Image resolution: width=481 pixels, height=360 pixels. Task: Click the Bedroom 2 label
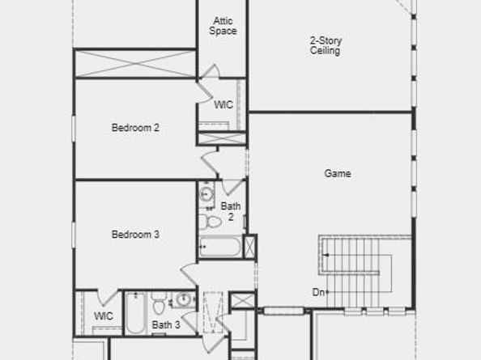pyautogui.click(x=134, y=127)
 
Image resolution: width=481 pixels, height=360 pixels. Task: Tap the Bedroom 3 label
pyautogui.click(x=134, y=235)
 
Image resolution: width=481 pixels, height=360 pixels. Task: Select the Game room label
pyautogui.click(x=338, y=173)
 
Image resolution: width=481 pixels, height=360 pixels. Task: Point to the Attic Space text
pyautogui.click(x=223, y=26)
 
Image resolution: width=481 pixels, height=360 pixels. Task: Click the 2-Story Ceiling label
pyautogui.click(x=325, y=45)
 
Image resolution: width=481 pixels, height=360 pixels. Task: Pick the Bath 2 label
pyautogui.click(x=231, y=212)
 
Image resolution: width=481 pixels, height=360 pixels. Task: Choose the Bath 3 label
pyautogui.click(x=165, y=325)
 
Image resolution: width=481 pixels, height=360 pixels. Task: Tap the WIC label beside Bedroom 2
pyautogui.click(x=223, y=105)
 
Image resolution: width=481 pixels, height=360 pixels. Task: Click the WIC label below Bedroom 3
pyautogui.click(x=104, y=316)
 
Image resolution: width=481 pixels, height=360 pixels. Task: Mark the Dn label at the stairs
pyautogui.click(x=318, y=292)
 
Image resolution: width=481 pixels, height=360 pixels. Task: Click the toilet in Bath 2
pyautogui.click(x=212, y=222)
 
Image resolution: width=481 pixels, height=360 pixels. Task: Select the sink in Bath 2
pyautogui.click(x=206, y=194)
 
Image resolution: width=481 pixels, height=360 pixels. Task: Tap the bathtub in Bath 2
pyautogui.click(x=220, y=247)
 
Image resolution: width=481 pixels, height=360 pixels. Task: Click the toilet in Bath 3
pyautogui.click(x=159, y=307)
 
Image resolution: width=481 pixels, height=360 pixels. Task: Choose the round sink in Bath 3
pyautogui.click(x=185, y=300)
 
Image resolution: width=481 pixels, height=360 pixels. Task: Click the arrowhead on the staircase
pyautogui.click(x=326, y=256)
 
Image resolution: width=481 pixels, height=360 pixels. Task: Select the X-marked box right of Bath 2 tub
pyautogui.click(x=250, y=246)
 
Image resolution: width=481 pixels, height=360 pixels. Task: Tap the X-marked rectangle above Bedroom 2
pyautogui.click(x=135, y=63)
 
